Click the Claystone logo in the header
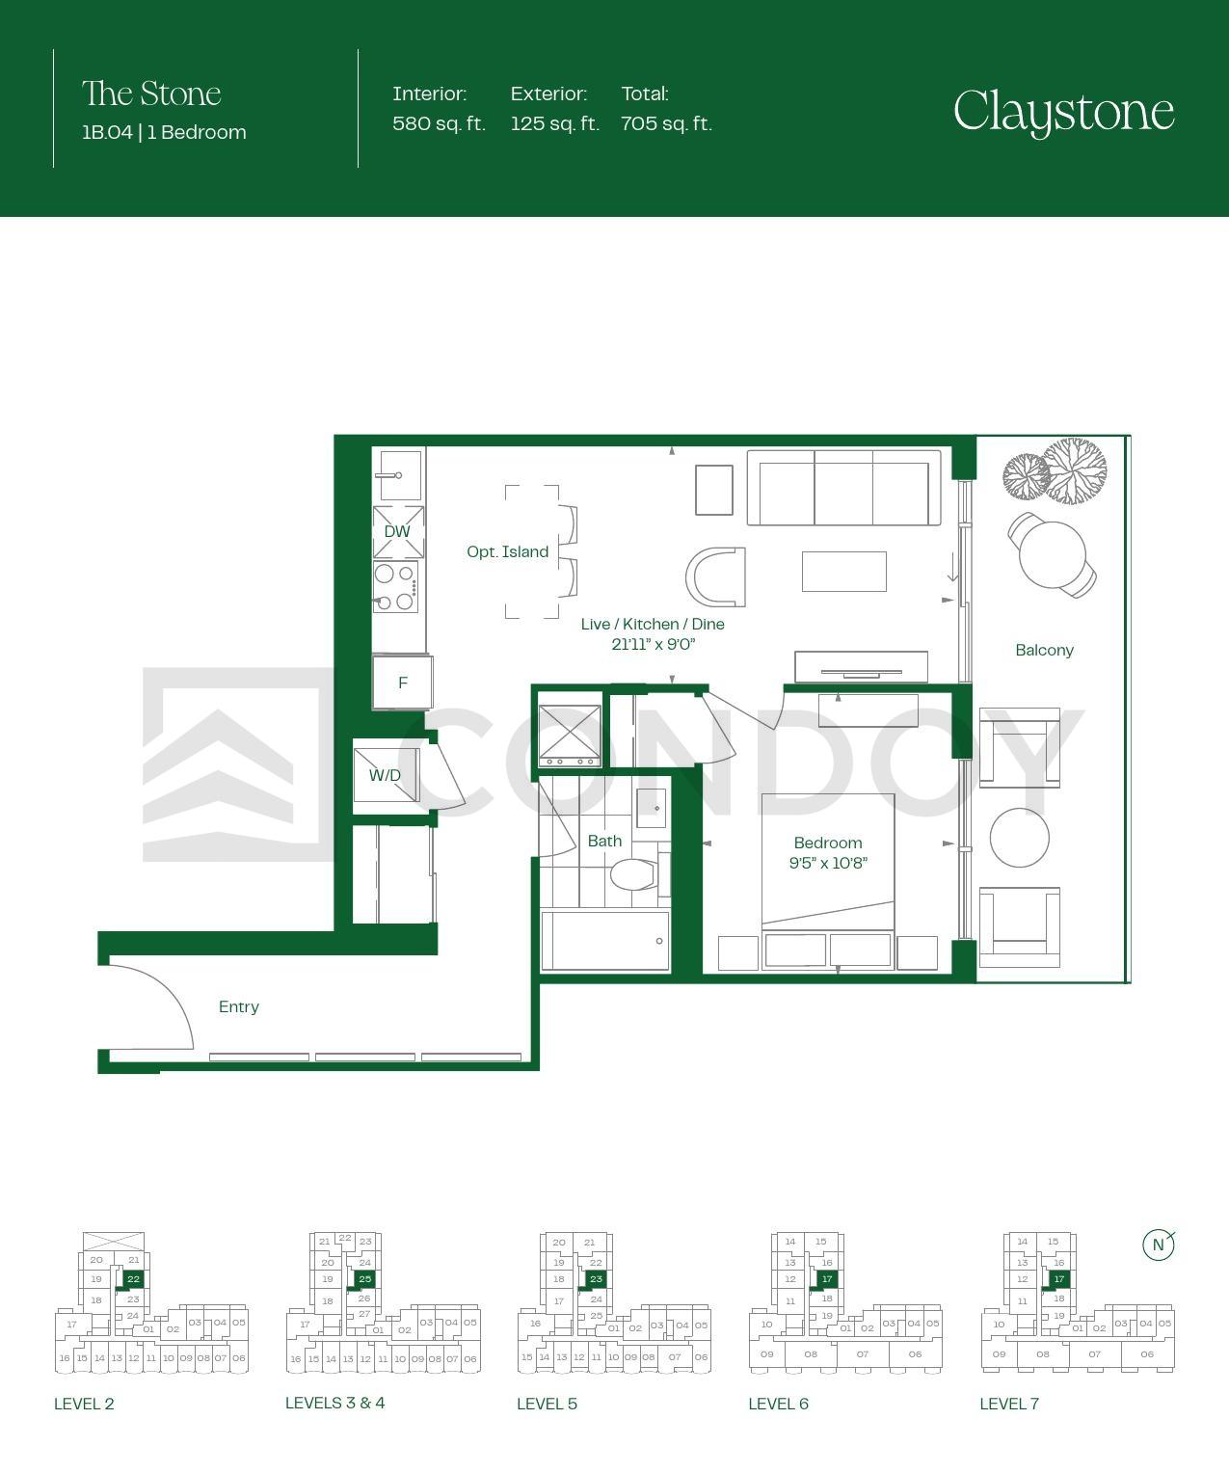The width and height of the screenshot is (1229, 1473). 1063,112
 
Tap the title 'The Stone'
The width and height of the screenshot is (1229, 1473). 151,94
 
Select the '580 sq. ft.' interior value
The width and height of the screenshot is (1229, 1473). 439,123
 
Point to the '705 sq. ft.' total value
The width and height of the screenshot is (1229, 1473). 667,123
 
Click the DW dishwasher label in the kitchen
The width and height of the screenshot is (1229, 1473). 397,531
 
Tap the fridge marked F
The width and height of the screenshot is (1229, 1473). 402,682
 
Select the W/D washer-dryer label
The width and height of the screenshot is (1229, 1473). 385,775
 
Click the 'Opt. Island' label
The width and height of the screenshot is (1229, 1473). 507,551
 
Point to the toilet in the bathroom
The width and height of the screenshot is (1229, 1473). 633,874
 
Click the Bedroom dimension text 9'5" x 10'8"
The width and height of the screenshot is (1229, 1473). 828,863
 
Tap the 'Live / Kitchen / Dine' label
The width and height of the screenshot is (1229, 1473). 653,625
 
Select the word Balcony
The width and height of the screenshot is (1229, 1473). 1044,650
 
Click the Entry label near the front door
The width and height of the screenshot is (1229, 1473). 238,1006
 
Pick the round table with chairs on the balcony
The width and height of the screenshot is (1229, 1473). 1052,554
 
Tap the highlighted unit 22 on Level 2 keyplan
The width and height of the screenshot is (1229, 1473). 133,1278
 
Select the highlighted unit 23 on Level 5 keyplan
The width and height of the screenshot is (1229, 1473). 596,1278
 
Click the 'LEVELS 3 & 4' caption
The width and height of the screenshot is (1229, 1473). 335,1403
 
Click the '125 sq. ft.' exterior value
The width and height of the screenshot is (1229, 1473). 555,123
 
